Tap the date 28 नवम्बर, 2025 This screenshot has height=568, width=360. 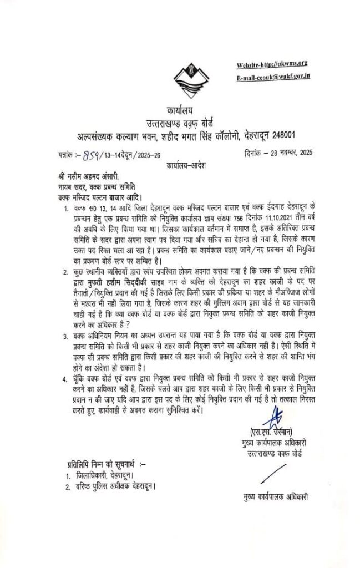click(288, 153)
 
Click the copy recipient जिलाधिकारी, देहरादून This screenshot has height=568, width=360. click(105, 476)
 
